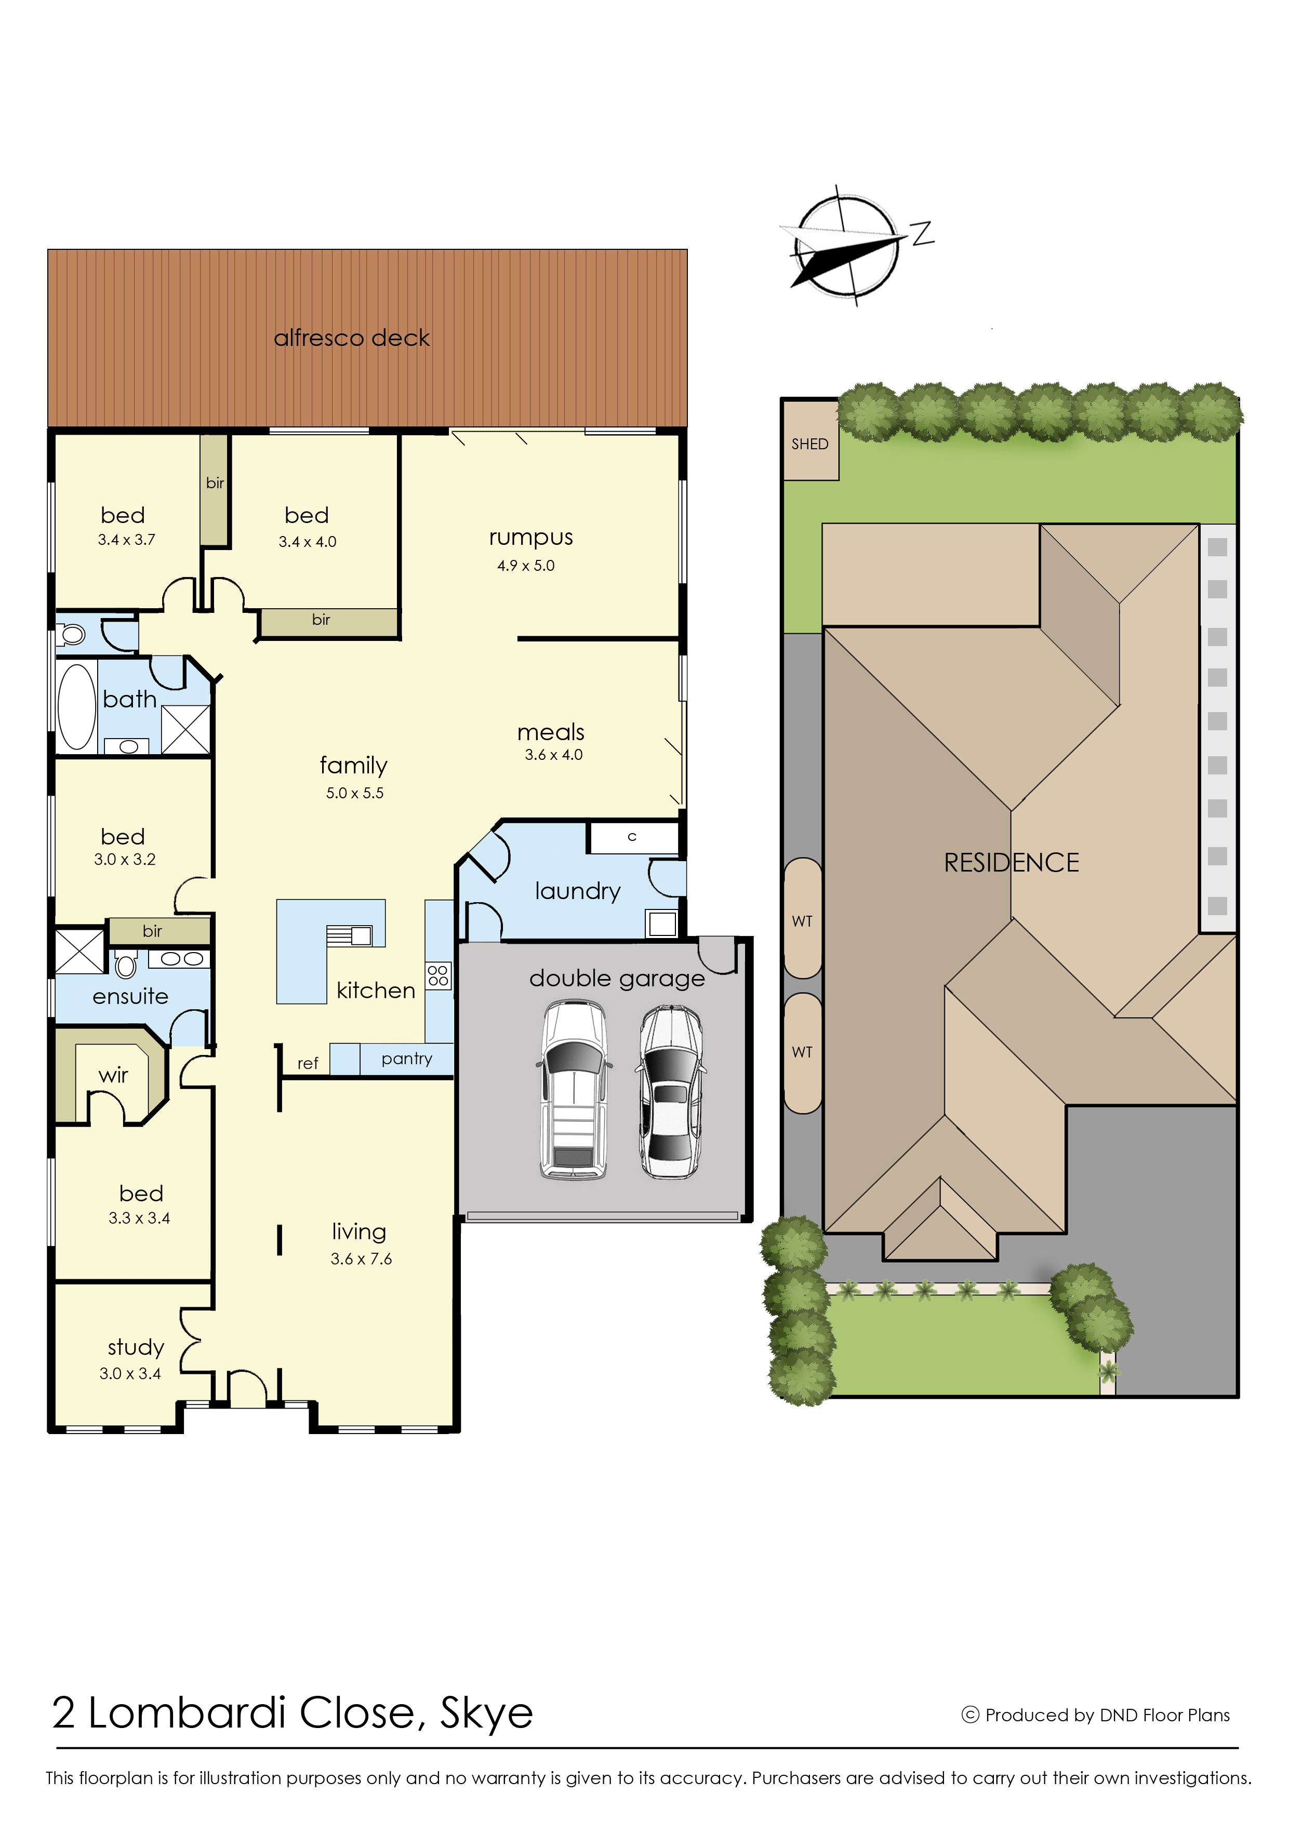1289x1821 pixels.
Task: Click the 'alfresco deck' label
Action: pyautogui.click(x=352, y=338)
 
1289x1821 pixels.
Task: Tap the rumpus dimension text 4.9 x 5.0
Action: pyautogui.click(x=525, y=566)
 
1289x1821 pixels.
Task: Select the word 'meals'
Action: pyautogui.click(x=551, y=732)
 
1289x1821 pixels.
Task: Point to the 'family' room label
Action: pyautogui.click(x=353, y=766)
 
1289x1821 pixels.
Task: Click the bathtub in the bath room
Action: pyautogui.click(x=76, y=706)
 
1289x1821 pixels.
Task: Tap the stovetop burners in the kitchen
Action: pyautogui.click(x=438, y=976)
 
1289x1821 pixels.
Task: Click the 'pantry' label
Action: pyautogui.click(x=406, y=1059)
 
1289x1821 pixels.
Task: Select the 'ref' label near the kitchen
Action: pyautogui.click(x=308, y=1063)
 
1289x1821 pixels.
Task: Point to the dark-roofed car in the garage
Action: pyautogui.click(x=671, y=1092)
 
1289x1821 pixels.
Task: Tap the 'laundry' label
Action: pyautogui.click(x=578, y=891)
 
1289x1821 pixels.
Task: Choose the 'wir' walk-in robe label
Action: pyautogui.click(x=113, y=1075)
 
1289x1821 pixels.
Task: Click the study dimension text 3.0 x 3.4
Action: pyautogui.click(x=130, y=1373)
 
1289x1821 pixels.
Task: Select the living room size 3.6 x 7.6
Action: pyautogui.click(x=361, y=1258)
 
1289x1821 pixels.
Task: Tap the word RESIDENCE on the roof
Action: pyautogui.click(x=1011, y=863)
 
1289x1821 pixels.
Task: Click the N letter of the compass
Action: pyautogui.click(x=922, y=233)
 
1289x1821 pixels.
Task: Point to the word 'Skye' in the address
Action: pyautogui.click(x=486, y=1714)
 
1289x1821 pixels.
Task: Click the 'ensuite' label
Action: pyautogui.click(x=130, y=997)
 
